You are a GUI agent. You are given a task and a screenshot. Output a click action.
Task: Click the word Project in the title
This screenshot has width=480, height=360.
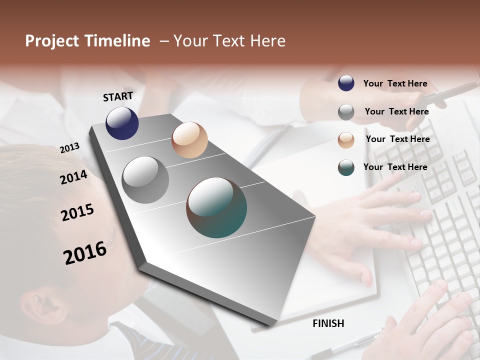(x=53, y=41)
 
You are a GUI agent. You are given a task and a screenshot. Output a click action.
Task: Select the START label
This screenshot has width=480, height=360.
(x=118, y=96)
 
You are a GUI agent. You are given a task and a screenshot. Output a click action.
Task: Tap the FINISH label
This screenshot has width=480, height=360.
(x=328, y=323)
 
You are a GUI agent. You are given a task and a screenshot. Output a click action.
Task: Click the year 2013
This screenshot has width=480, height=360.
(x=70, y=148)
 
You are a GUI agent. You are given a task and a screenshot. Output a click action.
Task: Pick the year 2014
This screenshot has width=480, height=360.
(x=73, y=177)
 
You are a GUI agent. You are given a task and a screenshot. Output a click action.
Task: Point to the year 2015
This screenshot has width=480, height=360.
(x=77, y=212)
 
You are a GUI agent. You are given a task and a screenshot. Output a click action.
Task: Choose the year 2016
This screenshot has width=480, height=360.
(x=85, y=253)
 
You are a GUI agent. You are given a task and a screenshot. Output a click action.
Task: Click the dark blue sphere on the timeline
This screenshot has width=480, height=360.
(x=122, y=123)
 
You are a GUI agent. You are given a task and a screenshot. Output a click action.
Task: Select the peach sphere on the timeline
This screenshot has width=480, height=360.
(x=189, y=140)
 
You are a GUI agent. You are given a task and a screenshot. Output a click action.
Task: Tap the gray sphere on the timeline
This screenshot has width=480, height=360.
(x=145, y=180)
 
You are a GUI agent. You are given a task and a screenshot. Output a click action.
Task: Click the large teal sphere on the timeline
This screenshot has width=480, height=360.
(x=216, y=207)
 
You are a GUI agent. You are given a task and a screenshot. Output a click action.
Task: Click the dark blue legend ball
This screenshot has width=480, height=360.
(x=346, y=83)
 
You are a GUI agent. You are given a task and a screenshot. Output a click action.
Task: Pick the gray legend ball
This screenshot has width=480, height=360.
(x=346, y=112)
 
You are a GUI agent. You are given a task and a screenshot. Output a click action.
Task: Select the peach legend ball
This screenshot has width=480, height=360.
(x=346, y=140)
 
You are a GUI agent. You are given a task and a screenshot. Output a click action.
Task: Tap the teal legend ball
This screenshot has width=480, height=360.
(x=346, y=167)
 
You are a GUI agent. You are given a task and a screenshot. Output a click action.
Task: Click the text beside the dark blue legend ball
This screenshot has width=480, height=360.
(x=395, y=84)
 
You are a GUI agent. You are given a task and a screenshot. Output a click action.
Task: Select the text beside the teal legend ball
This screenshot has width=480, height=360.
(x=395, y=167)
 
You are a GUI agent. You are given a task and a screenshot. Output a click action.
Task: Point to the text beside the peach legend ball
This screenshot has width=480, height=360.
(x=397, y=139)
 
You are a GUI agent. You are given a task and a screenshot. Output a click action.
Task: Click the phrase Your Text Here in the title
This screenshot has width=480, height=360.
(x=229, y=41)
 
